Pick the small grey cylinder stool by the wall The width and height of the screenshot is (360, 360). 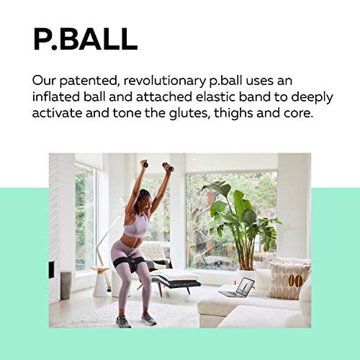[x=65, y=284]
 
